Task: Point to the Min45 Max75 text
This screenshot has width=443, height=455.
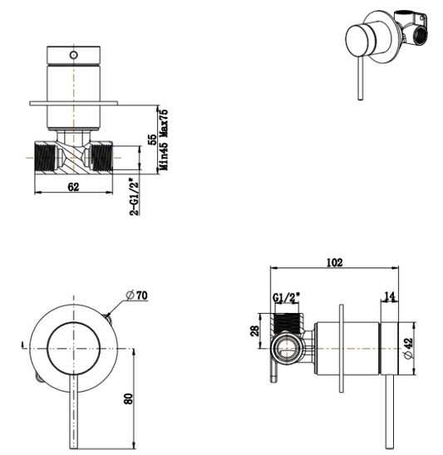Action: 165,138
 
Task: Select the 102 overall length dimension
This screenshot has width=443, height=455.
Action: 333,263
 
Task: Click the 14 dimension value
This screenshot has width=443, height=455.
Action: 391,296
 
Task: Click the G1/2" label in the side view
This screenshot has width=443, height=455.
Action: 284,298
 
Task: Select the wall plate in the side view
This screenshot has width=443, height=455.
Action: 341,348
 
